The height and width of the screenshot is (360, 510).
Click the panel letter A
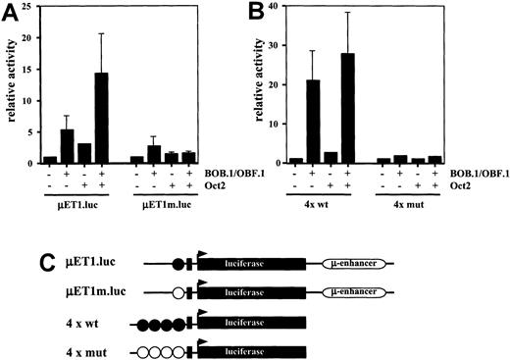click(x=12, y=12)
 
